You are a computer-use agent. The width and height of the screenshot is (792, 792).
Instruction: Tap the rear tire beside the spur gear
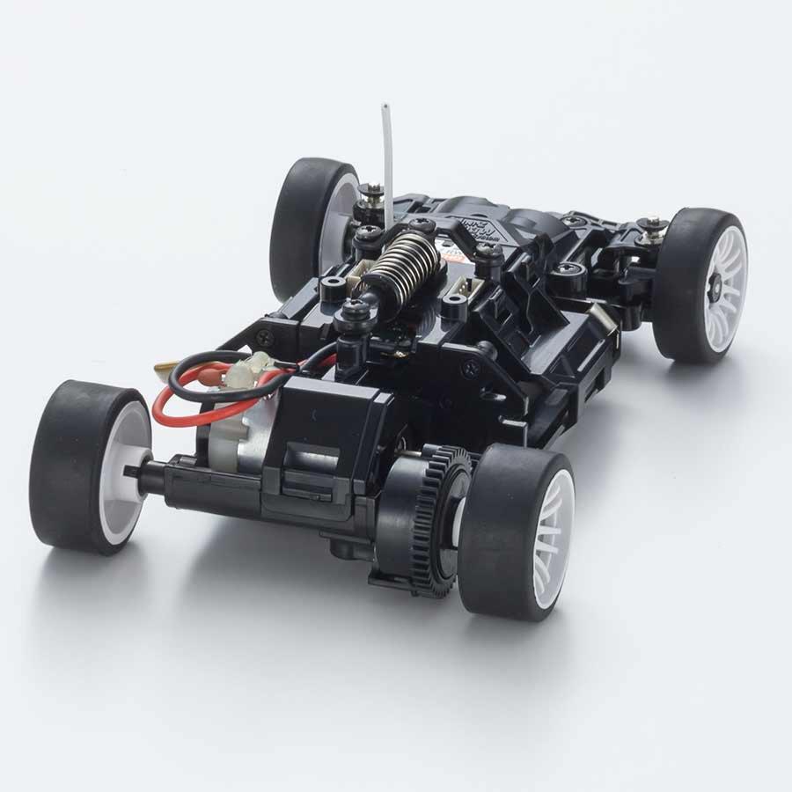515,528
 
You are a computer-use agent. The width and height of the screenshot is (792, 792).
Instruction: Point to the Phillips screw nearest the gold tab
264,336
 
